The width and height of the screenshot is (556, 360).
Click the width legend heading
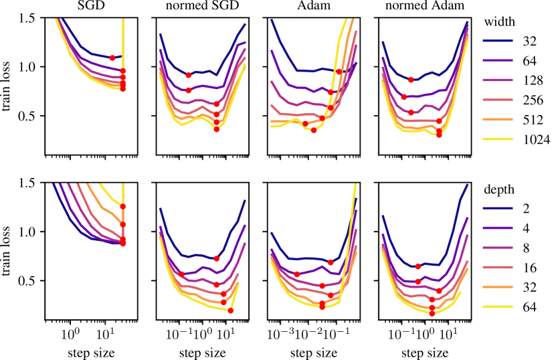497,19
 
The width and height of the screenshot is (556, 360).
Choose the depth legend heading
497,189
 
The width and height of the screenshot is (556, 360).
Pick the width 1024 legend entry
535,139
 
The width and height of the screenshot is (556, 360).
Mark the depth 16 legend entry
528,268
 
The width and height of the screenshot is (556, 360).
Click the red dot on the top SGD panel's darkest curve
112,58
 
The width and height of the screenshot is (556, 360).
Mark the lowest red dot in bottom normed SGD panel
231,310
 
